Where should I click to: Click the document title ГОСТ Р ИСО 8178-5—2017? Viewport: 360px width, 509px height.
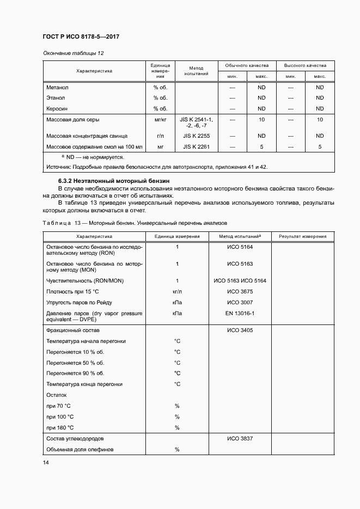pos(81,36)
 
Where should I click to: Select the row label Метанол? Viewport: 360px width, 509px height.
pos(57,87)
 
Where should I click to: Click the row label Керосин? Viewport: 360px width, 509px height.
pos(57,109)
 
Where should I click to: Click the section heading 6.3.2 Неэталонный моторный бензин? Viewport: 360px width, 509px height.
pos(114,180)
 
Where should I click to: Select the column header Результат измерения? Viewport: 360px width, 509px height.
pos(303,236)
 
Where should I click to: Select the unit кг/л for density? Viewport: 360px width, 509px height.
pos(177,292)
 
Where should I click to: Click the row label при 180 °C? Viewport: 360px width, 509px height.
pos(60,427)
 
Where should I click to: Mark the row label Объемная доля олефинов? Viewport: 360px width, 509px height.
pos(80,449)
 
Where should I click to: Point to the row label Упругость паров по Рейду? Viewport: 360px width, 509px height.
pos(80,303)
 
